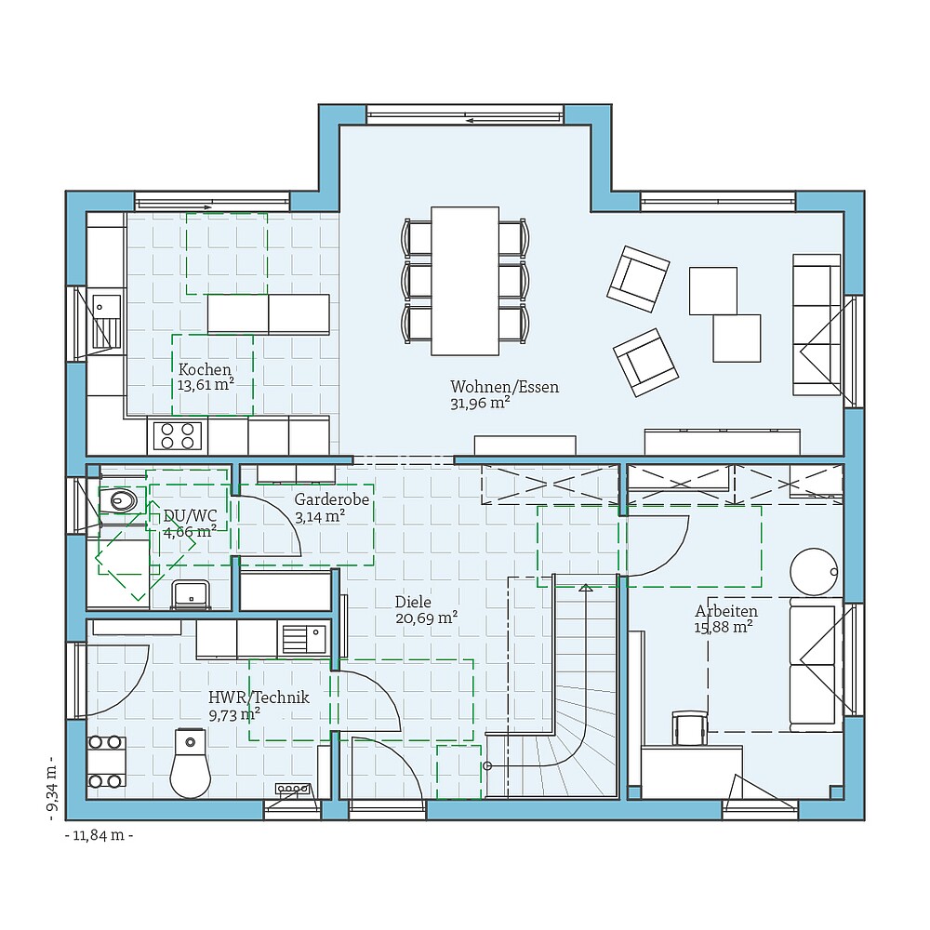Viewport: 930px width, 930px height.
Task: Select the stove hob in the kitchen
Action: (x=177, y=435)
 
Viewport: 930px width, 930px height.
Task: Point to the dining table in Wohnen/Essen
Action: (x=465, y=280)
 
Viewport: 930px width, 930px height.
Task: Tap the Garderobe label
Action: (x=332, y=499)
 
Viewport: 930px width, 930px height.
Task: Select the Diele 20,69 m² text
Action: (x=426, y=617)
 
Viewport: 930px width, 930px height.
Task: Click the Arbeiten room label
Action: (x=726, y=611)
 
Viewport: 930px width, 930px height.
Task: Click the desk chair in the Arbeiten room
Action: (x=689, y=728)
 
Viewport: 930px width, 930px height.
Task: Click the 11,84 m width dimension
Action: (x=100, y=835)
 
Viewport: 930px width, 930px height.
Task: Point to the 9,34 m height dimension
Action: (x=51, y=789)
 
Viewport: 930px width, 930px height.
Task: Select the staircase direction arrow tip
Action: (x=586, y=588)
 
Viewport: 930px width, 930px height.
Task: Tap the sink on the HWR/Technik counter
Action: (x=303, y=639)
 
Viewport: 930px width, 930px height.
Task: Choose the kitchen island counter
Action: (x=268, y=314)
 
